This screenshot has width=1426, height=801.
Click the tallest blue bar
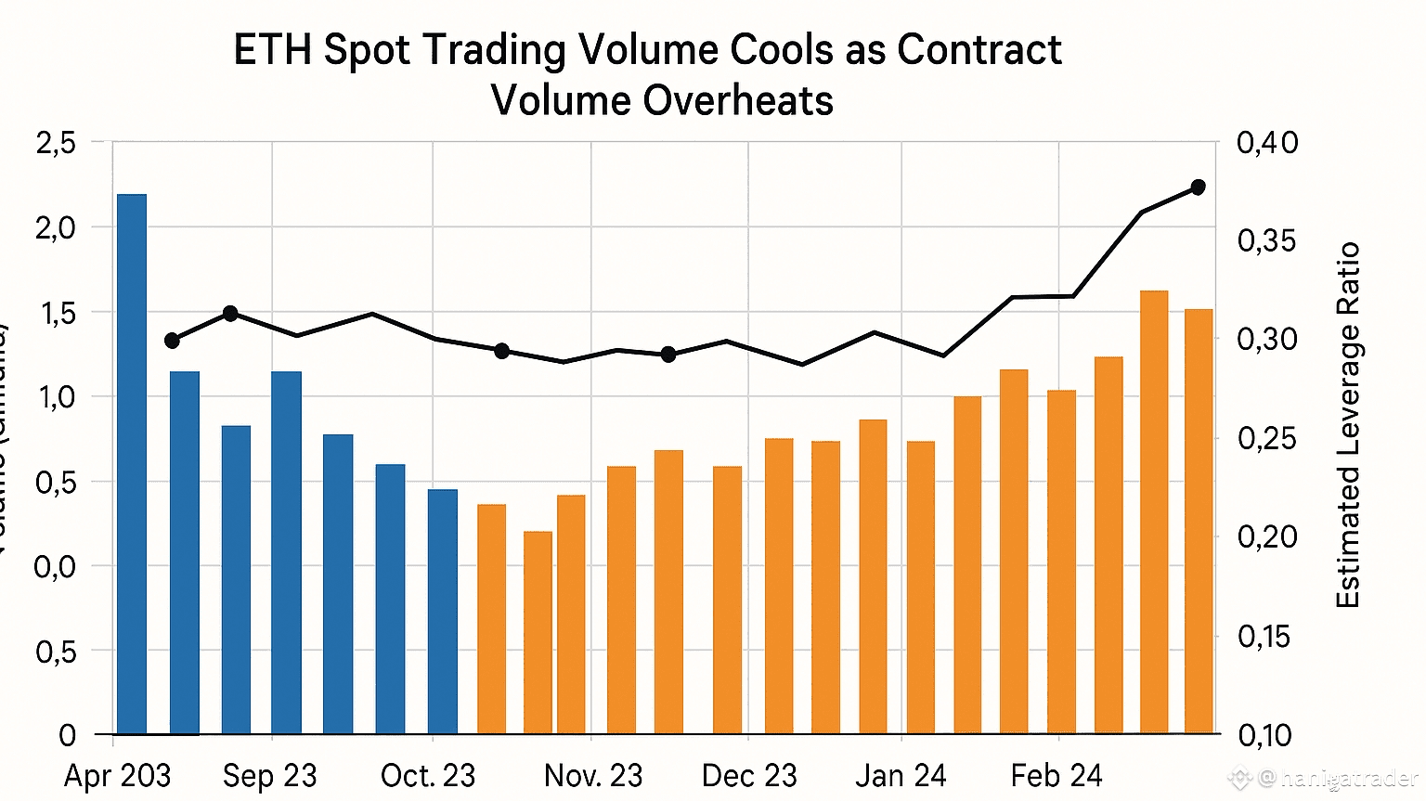[132, 464]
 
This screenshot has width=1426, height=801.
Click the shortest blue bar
[443, 612]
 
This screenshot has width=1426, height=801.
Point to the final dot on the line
[1198, 187]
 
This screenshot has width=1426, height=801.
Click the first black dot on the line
[172, 341]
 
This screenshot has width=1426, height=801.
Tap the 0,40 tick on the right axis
[1267, 143]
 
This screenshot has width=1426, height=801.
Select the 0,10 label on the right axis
[1264, 735]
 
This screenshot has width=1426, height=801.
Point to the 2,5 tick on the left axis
[56, 143]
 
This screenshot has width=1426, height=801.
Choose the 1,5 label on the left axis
[56, 313]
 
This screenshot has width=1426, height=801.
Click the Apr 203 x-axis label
[117, 776]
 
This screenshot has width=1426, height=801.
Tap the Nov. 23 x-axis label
[592, 776]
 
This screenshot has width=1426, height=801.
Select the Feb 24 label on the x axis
[1056, 775]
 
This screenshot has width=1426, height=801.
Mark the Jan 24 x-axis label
[901, 775]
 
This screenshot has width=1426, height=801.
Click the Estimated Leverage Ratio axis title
[1347, 425]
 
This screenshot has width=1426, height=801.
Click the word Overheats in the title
[739, 100]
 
